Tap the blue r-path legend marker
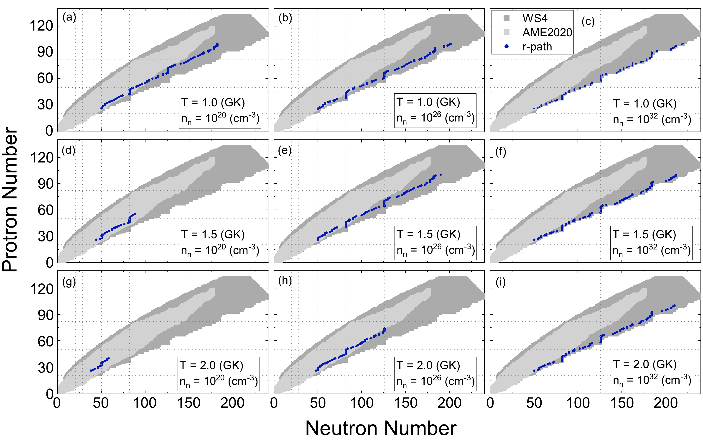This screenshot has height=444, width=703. click(507, 46)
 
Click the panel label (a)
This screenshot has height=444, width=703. click(69, 18)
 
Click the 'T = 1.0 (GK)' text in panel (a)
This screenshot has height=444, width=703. click(213, 103)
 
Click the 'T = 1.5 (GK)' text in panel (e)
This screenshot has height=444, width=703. click(428, 234)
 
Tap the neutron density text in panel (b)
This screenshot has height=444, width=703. click(435, 118)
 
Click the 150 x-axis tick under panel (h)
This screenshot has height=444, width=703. click(405, 403)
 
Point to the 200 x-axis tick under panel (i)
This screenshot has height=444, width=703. click(665, 403)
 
